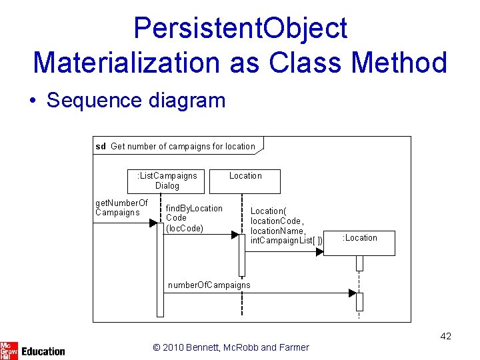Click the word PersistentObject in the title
pyautogui.click(x=240, y=28)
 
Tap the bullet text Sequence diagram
pyautogui.click(x=136, y=101)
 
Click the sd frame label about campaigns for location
pyautogui.click(x=177, y=146)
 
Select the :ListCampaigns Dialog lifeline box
pyautogui.click(x=167, y=181)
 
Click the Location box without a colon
pyautogui.click(x=245, y=181)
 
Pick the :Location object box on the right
pyautogui.click(x=360, y=243)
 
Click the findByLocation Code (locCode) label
pyautogui.click(x=194, y=218)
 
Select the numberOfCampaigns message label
pyautogui.click(x=209, y=285)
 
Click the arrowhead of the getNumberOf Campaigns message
pyautogui.click(x=153, y=223)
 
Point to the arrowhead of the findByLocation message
pyautogui.click(x=235, y=235)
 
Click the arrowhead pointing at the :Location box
pyautogui.click(x=319, y=251)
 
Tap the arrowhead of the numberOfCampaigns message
pyautogui.click(x=352, y=293)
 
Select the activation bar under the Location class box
pyautogui.click(x=242, y=253)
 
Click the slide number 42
pyautogui.click(x=445, y=336)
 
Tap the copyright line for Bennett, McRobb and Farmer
pyautogui.click(x=231, y=347)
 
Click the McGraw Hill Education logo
pyautogui.click(x=33, y=349)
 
